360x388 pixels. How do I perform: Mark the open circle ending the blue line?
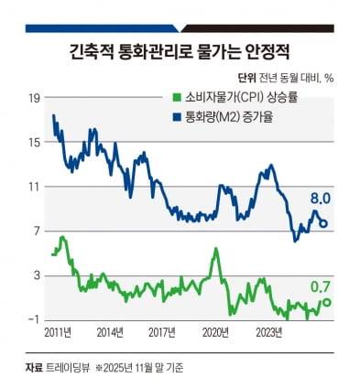click(x=323, y=223)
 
